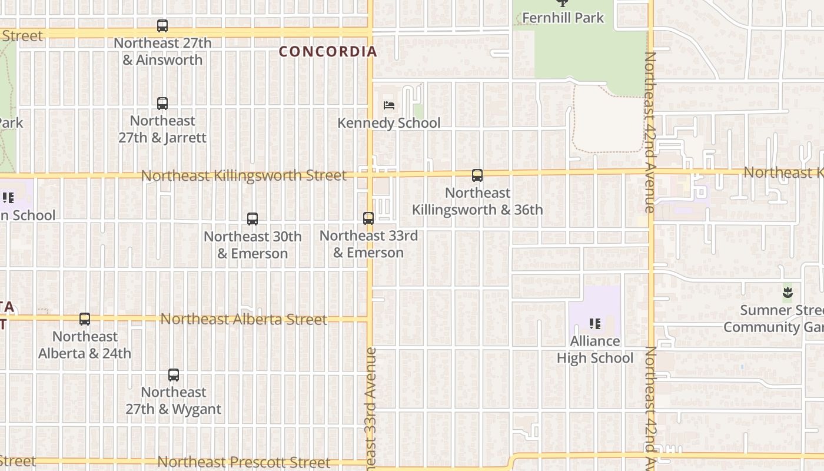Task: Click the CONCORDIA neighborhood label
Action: tap(327, 52)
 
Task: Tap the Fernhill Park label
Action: tap(563, 18)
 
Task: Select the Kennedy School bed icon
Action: tap(389, 105)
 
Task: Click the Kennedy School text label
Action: tap(389, 123)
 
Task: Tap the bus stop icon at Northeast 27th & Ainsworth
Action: tap(162, 26)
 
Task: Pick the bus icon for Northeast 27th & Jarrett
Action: tap(162, 104)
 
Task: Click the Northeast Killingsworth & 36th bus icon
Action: tap(477, 175)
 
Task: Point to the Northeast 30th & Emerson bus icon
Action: tap(252, 219)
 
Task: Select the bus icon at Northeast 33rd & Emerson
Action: tap(368, 218)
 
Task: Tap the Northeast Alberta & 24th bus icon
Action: tap(85, 319)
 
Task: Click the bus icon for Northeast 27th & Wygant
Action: tap(174, 375)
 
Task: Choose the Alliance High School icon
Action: tap(595, 323)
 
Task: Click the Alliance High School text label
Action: tap(595, 350)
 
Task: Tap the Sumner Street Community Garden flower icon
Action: tap(788, 292)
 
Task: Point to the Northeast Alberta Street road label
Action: tap(244, 319)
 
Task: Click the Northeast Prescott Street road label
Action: tap(244, 462)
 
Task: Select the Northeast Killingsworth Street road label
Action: tap(244, 175)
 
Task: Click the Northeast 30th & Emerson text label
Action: tap(252, 245)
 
